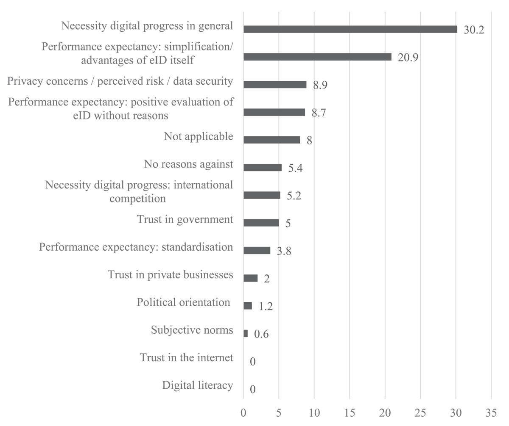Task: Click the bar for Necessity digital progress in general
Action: (x=350, y=29)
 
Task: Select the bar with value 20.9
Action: (x=317, y=57)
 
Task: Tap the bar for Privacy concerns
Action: (x=275, y=85)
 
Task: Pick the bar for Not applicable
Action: (x=271, y=140)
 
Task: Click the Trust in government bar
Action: (x=261, y=223)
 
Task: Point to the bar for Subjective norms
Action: (x=246, y=334)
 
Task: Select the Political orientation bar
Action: (x=248, y=306)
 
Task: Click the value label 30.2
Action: (x=474, y=30)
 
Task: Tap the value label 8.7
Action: (x=319, y=113)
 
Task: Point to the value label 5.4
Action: (x=295, y=168)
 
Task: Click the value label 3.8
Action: (x=284, y=251)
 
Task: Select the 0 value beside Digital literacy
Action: (x=253, y=389)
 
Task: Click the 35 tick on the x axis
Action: (x=491, y=413)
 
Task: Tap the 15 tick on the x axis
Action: (x=350, y=413)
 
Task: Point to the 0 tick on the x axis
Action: (x=243, y=413)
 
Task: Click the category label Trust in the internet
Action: (x=187, y=358)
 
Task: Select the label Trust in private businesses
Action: (x=171, y=275)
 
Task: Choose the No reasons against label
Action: (x=189, y=164)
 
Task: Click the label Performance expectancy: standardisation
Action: (x=136, y=247)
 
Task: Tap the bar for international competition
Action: (x=262, y=195)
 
